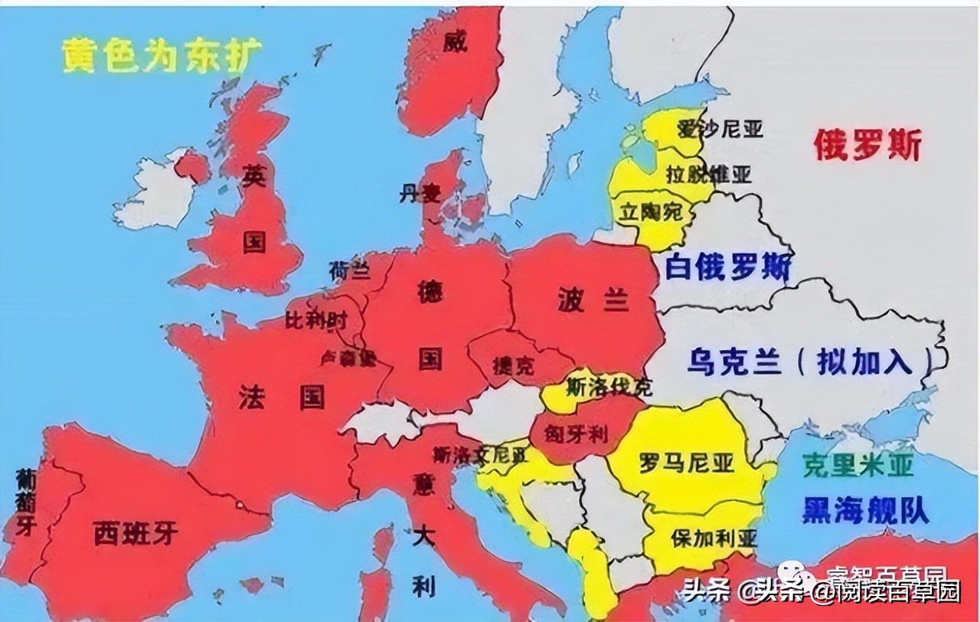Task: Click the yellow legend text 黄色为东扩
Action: (163, 55)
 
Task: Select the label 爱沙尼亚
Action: (720, 128)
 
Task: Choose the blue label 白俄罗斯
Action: (727, 267)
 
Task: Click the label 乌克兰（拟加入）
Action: (801, 361)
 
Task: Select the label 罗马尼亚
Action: (686, 462)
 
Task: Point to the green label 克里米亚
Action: (858, 465)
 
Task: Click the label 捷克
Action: (514, 365)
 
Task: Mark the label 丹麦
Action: (420, 194)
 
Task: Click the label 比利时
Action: (316, 320)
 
